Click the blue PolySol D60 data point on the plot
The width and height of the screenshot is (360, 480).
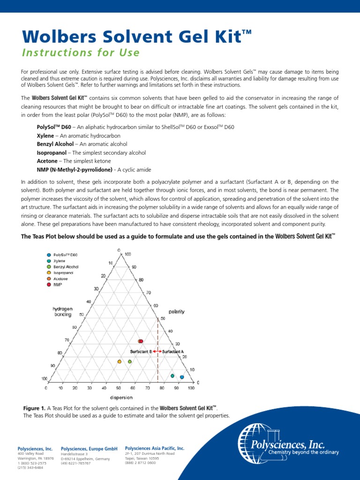[x=182, y=377]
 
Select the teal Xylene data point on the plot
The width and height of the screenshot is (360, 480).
[x=172, y=376]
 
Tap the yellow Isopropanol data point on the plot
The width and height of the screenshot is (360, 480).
[x=119, y=361]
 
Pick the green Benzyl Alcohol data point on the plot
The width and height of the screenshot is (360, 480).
[x=130, y=361]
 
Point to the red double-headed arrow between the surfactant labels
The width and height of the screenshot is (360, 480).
[x=157, y=351]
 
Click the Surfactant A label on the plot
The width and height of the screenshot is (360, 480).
[x=173, y=351]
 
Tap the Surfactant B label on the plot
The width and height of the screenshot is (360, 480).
[x=141, y=351]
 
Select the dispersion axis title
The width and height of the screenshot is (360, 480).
[x=121, y=397]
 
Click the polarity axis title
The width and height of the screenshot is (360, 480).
[x=177, y=311]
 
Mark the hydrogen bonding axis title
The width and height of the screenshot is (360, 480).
[x=62, y=312]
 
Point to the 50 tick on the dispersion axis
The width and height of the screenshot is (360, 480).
[x=119, y=388]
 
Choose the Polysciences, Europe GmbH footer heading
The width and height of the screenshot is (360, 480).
[x=89, y=449]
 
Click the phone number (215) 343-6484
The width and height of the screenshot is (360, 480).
[x=30, y=467]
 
